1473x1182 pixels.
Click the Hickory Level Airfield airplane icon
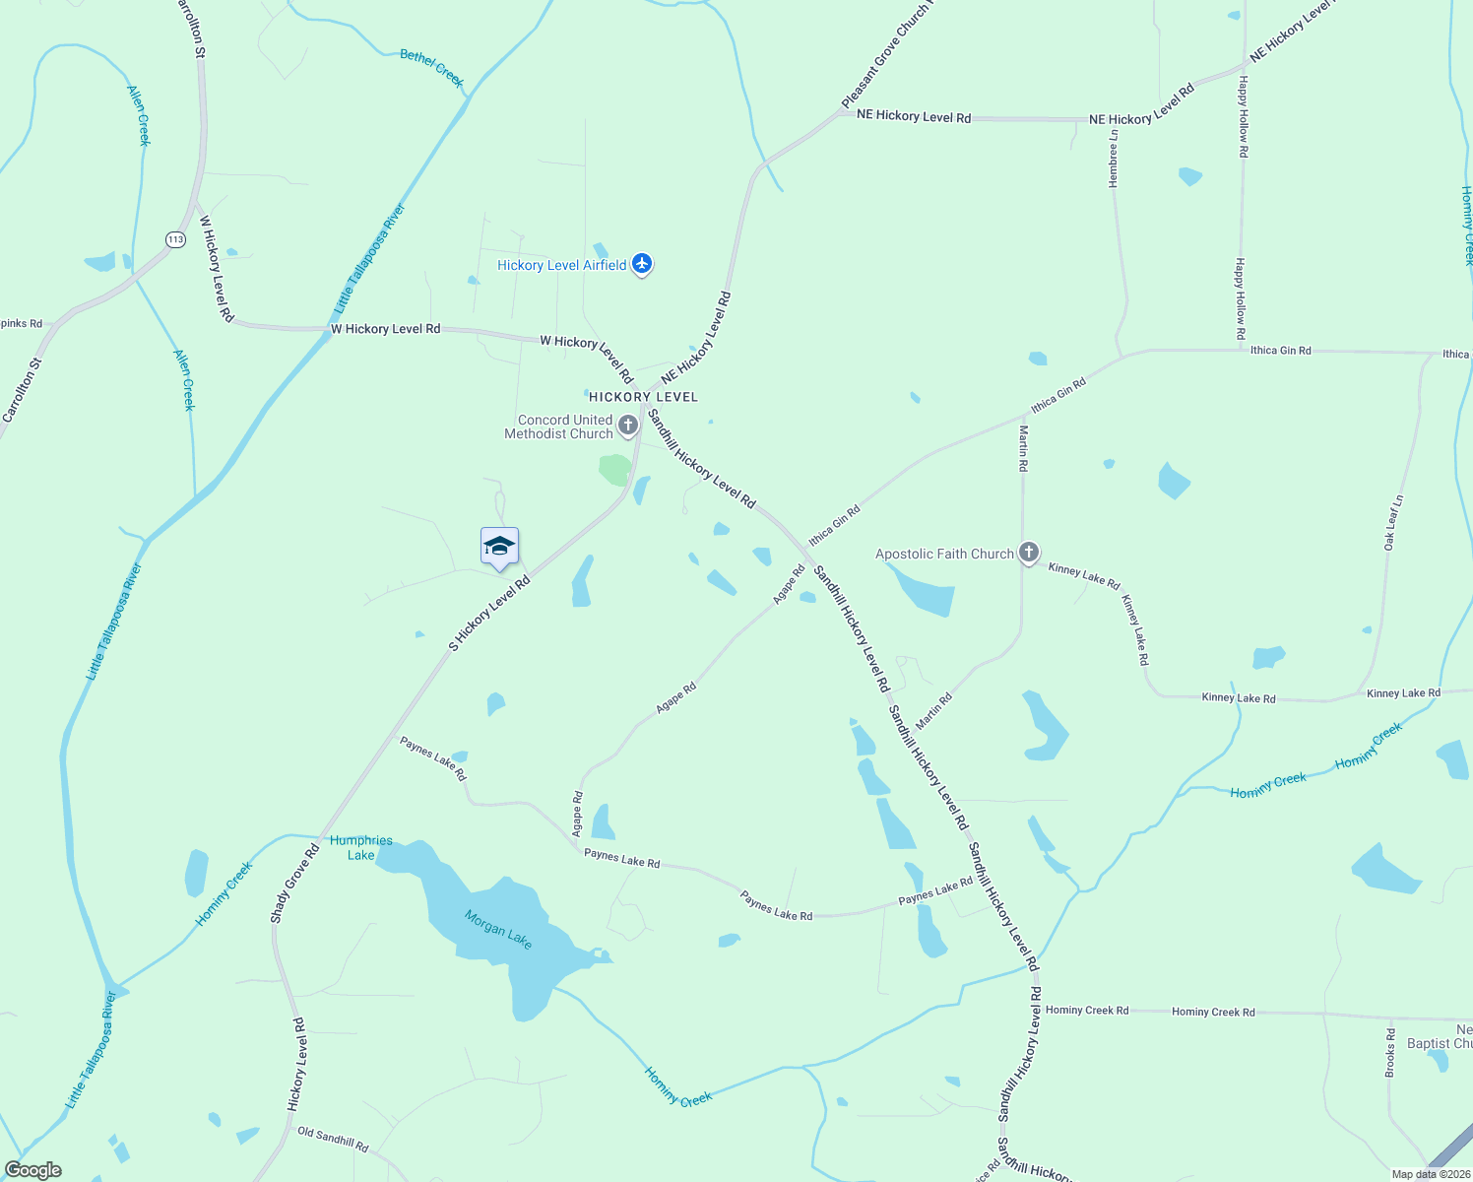(x=642, y=264)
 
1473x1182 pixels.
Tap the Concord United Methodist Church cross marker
(x=628, y=426)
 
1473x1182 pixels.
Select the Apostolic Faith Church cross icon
(x=1029, y=553)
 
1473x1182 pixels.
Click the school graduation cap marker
(x=499, y=547)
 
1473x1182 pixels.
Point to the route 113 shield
(x=175, y=239)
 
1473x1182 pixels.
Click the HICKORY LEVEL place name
(x=643, y=397)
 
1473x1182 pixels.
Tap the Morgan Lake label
(x=498, y=929)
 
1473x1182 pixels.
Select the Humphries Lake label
(x=361, y=847)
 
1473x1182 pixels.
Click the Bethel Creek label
(x=432, y=68)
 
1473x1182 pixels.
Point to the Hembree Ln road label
(x=1114, y=159)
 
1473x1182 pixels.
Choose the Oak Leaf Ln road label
(x=1393, y=522)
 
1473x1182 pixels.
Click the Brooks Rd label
(x=1390, y=1052)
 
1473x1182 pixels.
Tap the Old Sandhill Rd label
(x=333, y=1139)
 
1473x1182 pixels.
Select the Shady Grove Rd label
(x=294, y=884)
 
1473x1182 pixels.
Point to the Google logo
(x=32, y=1170)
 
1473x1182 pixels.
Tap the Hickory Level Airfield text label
(x=561, y=265)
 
